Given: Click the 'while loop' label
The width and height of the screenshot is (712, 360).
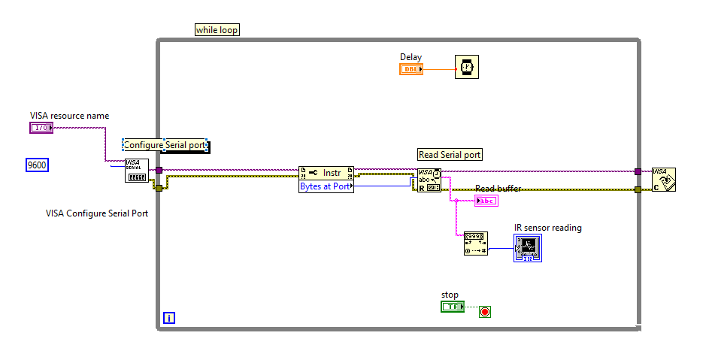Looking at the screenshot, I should coord(217,30).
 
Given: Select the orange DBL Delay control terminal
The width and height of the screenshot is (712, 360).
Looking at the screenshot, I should coord(411,69).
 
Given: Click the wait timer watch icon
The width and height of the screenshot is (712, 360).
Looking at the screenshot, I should coord(467,68).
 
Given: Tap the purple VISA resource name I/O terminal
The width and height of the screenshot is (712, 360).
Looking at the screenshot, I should coord(41,128).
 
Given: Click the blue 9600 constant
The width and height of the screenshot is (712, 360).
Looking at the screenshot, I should coord(37,165).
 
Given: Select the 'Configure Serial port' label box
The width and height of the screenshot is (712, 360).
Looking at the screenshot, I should coord(165,145).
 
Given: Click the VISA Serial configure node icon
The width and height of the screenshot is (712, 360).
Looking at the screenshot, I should coord(136,171).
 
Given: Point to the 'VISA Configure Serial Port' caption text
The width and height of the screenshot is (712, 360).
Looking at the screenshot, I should coord(97,213).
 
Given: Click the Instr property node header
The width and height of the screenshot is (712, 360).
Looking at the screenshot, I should coord(326,172).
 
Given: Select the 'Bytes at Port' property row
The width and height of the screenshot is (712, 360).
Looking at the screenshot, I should coord(326,186).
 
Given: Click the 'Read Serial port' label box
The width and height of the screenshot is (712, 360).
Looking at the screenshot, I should coord(450,155).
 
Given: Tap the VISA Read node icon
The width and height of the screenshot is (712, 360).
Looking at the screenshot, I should coord(429,180).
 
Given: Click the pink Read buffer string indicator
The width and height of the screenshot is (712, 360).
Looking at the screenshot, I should coord(486,201).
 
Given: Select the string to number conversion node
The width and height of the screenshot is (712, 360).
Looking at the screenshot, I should coord(476,244).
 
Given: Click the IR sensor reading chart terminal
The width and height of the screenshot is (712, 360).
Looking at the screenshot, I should coord(528,248).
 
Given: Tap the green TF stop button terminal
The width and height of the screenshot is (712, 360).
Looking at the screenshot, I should coord(453,307).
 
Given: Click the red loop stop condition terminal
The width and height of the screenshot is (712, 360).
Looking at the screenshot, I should coord(485,310).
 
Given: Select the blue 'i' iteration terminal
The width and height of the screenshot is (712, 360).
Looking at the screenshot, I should coord(169,318).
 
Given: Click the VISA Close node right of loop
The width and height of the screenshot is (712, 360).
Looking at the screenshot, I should coord(663,180).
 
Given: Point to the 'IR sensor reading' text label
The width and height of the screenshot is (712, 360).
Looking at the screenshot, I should coord(547,228).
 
